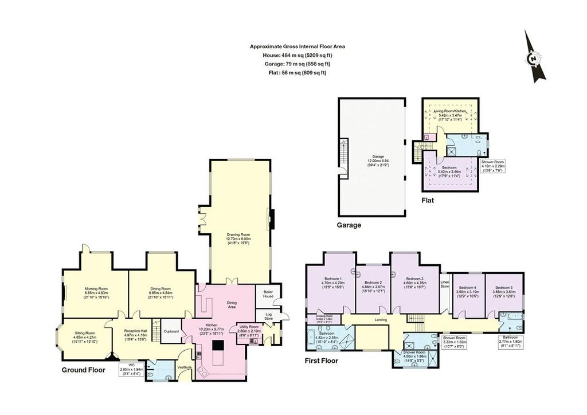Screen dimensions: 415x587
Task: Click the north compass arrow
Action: (x=535, y=57)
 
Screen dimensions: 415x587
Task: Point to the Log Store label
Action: (x=268, y=316)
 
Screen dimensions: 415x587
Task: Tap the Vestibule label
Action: (x=185, y=367)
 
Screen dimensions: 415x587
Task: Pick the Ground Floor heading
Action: (x=83, y=370)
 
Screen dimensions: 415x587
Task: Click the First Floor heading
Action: (x=322, y=361)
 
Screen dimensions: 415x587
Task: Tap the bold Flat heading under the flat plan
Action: (x=428, y=201)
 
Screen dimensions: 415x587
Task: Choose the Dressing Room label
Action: (x=324, y=316)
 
